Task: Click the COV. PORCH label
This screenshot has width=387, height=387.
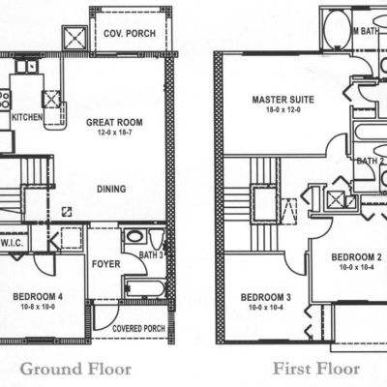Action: coord(130,33)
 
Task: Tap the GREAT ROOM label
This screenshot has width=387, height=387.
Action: coord(114,123)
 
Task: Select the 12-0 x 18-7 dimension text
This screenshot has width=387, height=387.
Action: coord(115,133)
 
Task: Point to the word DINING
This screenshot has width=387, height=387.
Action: coord(111,189)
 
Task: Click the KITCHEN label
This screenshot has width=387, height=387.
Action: coord(27,117)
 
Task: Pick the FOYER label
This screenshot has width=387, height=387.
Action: coord(106,264)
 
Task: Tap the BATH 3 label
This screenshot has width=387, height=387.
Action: coord(151,255)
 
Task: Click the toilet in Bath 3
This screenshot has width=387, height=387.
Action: coord(157,239)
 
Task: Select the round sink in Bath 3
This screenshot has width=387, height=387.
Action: coord(134,237)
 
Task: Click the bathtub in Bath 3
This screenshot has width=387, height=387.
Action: coord(145,288)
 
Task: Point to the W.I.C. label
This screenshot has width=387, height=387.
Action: coord(12,243)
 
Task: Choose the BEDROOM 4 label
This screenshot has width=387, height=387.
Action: coord(38,296)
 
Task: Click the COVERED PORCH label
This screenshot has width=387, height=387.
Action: coord(138,329)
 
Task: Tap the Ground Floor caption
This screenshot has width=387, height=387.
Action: coord(75,369)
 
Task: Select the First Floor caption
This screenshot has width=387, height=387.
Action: coord(316,369)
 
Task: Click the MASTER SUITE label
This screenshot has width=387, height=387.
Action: coord(283,100)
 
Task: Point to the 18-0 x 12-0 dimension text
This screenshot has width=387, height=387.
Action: coord(283,109)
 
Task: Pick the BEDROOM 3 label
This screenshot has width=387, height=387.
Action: coord(266,297)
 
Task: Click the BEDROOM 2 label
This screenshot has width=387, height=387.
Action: coord(357,257)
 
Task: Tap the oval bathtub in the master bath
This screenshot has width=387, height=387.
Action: coord(338,28)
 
